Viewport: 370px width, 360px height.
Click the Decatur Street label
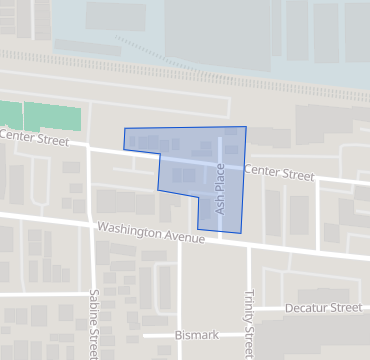[x=323, y=308]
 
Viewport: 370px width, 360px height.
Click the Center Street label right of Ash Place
[x=278, y=173]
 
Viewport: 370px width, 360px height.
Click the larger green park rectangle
[x=52, y=115]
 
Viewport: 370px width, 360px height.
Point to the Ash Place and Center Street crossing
[x=221, y=166]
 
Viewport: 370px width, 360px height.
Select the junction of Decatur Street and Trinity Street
[x=247, y=309]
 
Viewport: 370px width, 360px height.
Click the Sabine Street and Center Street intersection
[x=88, y=147]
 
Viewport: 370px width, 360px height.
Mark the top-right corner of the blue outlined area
[x=245, y=127]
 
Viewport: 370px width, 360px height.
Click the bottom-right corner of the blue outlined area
[x=242, y=233]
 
